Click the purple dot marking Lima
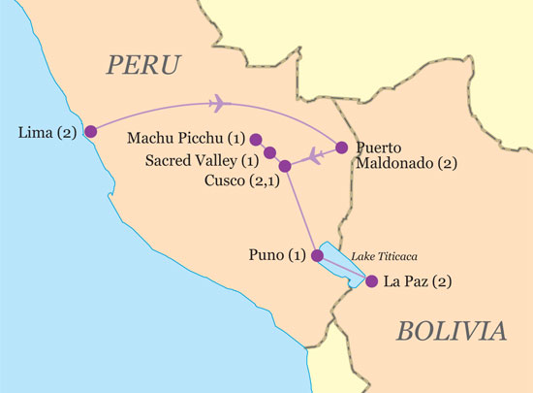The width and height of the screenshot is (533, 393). (90, 131)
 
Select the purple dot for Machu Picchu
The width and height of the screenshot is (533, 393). (256, 139)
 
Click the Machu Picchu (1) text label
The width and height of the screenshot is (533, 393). (185, 140)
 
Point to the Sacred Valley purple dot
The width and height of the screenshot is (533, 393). (269, 152)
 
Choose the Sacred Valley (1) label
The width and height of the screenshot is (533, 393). (201, 160)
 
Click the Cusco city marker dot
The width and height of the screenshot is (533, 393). (284, 166)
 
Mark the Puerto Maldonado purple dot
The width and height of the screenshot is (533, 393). (340, 148)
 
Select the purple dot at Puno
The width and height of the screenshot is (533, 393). (316, 256)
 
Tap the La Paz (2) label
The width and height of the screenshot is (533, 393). (418, 282)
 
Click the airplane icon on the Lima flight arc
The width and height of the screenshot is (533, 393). (218, 103)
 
